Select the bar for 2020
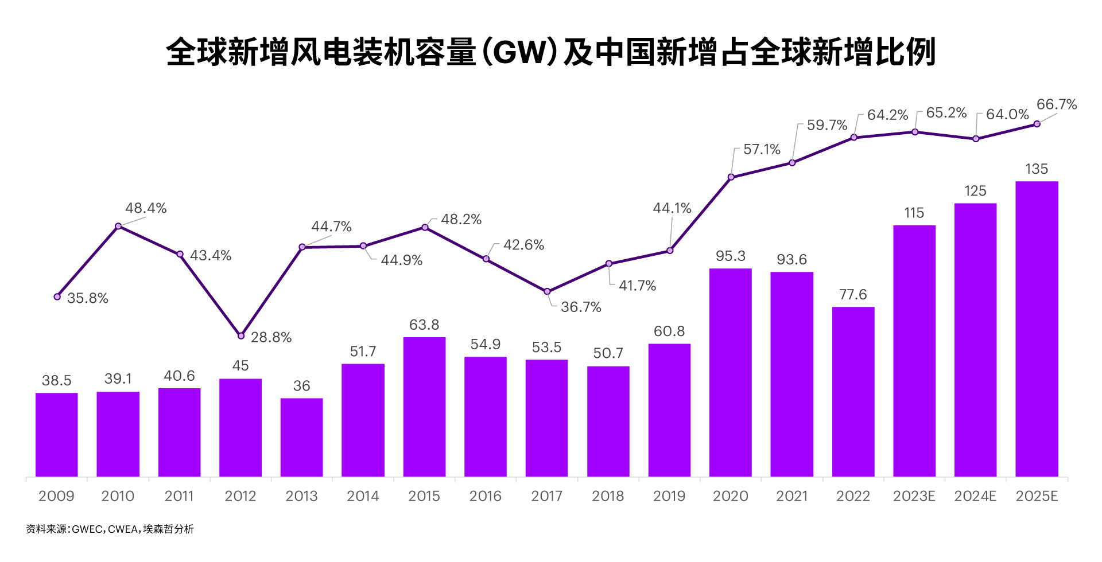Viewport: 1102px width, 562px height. [x=730, y=373]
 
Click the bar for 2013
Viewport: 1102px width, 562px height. [x=301, y=437]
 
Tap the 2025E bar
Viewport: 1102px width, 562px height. [x=1037, y=329]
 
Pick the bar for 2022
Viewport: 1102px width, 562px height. [x=853, y=392]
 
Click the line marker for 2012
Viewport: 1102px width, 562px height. [x=241, y=335]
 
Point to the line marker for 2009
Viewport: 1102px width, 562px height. [x=57, y=296]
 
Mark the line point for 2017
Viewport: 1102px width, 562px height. [x=547, y=291]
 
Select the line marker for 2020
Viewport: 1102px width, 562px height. [x=731, y=177]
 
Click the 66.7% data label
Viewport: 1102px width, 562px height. [x=1056, y=104]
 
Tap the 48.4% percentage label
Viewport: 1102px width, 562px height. [x=146, y=208]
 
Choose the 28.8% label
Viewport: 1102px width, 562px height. [x=271, y=337]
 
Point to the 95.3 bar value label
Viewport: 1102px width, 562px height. [x=730, y=256]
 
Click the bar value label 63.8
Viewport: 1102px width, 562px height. [x=424, y=325]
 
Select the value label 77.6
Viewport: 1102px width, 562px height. [x=853, y=295]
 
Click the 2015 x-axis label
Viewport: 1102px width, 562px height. [x=424, y=496]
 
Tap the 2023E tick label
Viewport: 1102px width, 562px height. [x=914, y=496]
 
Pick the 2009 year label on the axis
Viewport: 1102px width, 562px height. [x=56, y=496]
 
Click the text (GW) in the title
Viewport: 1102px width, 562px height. [x=519, y=52]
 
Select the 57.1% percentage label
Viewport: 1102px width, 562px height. [x=762, y=150]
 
